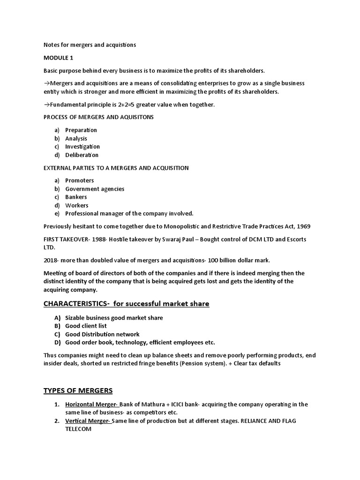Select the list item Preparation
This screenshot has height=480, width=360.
81,130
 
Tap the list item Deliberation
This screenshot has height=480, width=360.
82,155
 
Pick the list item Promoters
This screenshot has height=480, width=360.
79,180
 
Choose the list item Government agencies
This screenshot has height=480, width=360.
95,189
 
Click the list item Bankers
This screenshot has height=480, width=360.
76,197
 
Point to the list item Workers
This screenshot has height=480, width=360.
77,205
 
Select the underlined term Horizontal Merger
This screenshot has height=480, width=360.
92,404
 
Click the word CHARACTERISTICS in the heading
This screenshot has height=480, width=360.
75,304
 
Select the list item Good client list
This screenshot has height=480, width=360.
86,326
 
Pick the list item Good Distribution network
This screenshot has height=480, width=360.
102,334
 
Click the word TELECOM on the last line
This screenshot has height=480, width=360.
78,429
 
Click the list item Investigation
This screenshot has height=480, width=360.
82,147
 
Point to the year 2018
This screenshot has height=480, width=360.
50,260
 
